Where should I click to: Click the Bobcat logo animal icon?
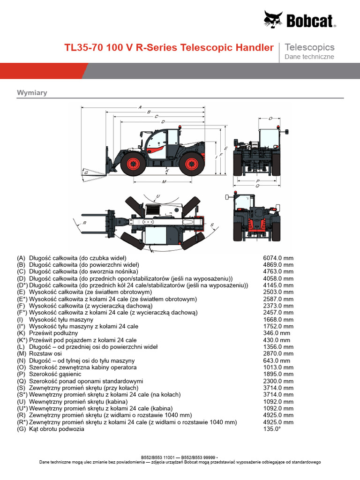click(273, 20)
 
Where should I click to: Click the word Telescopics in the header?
click(309, 47)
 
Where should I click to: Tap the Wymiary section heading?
click(32, 93)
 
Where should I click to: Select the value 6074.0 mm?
click(278, 258)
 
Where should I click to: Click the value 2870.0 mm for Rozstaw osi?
click(278, 354)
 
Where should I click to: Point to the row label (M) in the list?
click(21, 354)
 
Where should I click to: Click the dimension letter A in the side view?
click(140, 107)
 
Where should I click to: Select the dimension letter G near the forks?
click(86, 173)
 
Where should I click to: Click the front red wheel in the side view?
click(132, 164)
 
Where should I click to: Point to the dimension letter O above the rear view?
click(270, 119)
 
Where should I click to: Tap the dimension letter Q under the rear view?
click(257, 186)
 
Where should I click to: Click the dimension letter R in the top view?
click(85, 223)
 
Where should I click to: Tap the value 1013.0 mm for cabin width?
click(278, 367)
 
